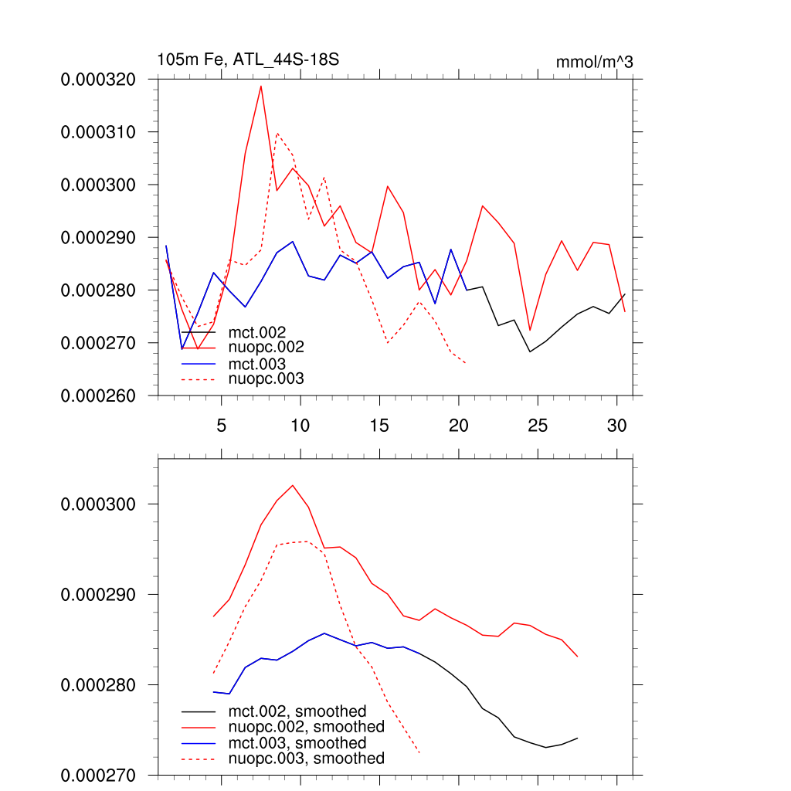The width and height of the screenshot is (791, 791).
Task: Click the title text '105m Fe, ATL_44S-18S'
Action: tap(248, 59)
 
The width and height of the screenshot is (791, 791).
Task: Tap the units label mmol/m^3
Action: tap(594, 62)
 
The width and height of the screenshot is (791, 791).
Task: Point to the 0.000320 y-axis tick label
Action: tap(98, 80)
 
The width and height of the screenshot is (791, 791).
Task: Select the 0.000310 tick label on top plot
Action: tap(98, 132)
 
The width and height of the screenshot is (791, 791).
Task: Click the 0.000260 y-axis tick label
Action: tap(98, 395)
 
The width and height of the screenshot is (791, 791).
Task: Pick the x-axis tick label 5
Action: tap(222, 425)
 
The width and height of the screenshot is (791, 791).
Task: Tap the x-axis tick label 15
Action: tap(379, 425)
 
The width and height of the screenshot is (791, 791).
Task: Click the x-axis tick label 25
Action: tap(537, 425)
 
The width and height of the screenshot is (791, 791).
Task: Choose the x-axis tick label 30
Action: tap(616, 425)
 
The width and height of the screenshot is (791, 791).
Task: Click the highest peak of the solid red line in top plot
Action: tap(261, 86)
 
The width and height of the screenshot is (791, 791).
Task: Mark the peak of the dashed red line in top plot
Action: tap(277, 133)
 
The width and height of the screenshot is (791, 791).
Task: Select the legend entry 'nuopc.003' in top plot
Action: tap(266, 379)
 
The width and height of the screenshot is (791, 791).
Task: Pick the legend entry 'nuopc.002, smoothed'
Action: tap(306, 727)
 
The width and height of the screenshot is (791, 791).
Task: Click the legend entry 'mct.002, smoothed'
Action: tap(297, 711)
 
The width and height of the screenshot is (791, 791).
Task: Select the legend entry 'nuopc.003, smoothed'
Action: tap(306, 759)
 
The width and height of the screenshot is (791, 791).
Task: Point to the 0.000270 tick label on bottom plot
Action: tap(98, 775)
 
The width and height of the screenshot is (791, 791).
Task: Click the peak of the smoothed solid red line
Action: tap(293, 485)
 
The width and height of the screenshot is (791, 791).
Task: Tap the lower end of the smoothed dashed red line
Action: tap(419, 753)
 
